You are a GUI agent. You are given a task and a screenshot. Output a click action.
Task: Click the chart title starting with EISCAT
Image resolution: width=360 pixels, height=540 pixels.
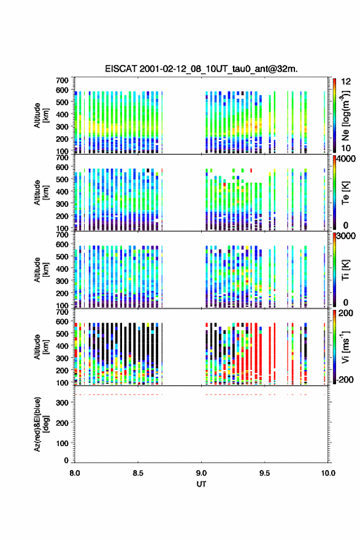(x=201, y=69)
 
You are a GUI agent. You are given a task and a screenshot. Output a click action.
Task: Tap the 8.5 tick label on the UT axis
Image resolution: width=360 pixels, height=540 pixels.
(x=137, y=473)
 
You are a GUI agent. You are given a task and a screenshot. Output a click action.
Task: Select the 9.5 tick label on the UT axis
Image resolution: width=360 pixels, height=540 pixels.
(x=264, y=473)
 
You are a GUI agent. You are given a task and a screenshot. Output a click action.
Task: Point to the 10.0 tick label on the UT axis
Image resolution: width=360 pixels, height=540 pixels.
(x=328, y=473)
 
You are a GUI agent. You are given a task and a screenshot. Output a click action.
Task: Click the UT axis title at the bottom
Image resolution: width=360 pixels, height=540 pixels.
(x=201, y=484)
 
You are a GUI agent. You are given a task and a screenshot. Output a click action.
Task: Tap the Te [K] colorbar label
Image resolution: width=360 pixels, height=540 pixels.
(x=345, y=193)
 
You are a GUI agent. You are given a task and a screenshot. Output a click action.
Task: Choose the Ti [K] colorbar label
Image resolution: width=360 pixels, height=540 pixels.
(x=345, y=271)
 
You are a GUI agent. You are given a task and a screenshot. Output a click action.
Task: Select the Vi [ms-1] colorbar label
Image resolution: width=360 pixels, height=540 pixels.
(x=345, y=347)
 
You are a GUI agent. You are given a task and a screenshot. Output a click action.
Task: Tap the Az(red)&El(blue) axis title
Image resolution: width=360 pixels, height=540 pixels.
(x=41, y=424)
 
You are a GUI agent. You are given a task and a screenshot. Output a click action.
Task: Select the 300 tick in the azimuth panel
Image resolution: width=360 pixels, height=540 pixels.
(x=63, y=403)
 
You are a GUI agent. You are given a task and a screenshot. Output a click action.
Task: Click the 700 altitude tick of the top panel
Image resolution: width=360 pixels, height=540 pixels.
(x=63, y=80)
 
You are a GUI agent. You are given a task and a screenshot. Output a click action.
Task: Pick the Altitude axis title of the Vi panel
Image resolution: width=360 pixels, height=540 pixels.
(x=41, y=347)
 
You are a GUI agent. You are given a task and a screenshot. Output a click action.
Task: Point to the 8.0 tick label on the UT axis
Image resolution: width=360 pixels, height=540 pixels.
(x=75, y=473)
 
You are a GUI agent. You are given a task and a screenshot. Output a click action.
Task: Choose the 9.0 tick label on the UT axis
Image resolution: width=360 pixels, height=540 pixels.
(x=201, y=473)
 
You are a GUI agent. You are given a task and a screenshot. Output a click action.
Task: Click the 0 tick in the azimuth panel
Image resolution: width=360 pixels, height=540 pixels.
(x=66, y=460)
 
